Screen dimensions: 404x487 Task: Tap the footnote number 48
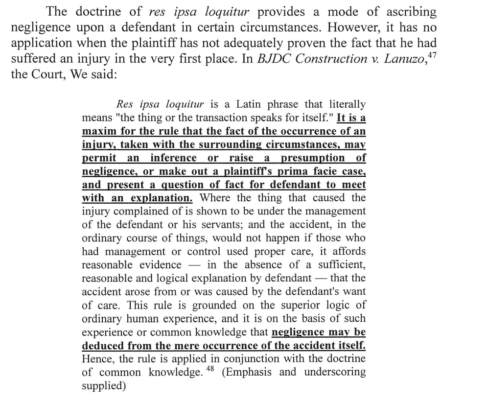tap(210, 368)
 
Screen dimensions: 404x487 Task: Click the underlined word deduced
tap(103, 345)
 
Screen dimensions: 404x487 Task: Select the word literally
tap(347, 105)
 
